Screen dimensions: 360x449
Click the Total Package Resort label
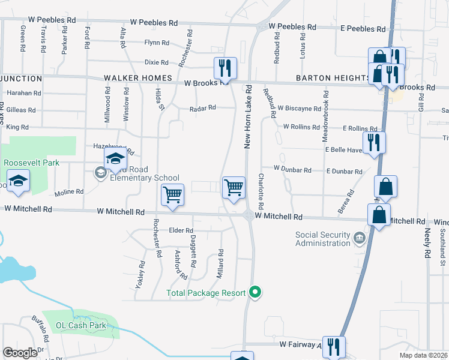[x=206, y=293]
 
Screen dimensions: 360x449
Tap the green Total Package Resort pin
[x=256, y=293]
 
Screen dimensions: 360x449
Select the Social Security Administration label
[x=323, y=239]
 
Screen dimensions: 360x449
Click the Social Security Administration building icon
[x=359, y=239]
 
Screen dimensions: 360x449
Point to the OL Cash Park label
[x=80, y=326]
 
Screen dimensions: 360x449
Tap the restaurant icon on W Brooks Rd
[x=225, y=67]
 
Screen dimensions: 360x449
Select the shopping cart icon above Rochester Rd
[x=172, y=194]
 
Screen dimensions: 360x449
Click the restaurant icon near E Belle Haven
[x=374, y=143]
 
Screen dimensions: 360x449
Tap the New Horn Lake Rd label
[x=247, y=116]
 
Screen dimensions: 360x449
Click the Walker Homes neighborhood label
[x=138, y=79]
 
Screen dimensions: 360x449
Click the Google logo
[x=20, y=352]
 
